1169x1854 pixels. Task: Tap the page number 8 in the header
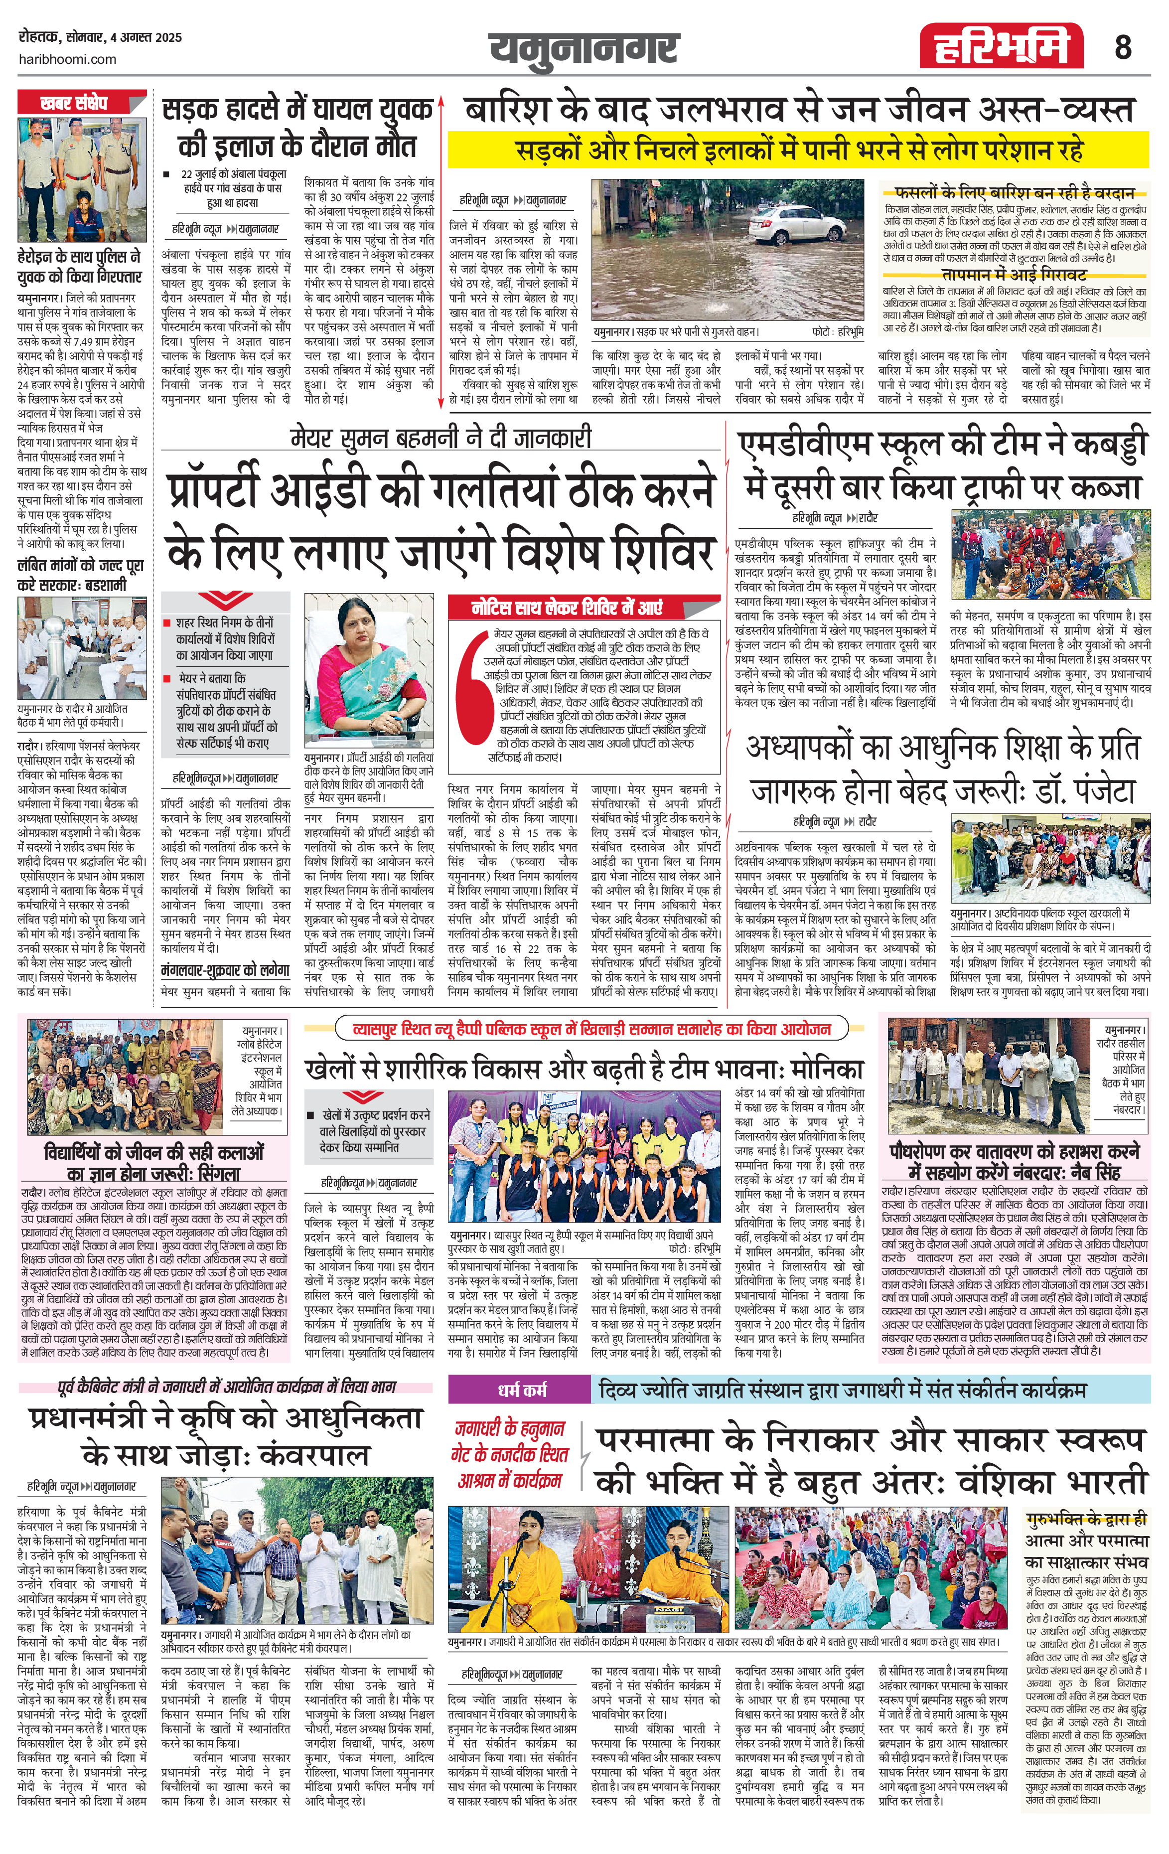pos(1123,48)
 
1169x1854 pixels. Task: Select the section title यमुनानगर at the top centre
pos(584,48)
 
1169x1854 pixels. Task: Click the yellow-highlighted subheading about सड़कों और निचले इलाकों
pos(798,150)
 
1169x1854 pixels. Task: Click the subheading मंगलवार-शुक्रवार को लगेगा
pos(226,970)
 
